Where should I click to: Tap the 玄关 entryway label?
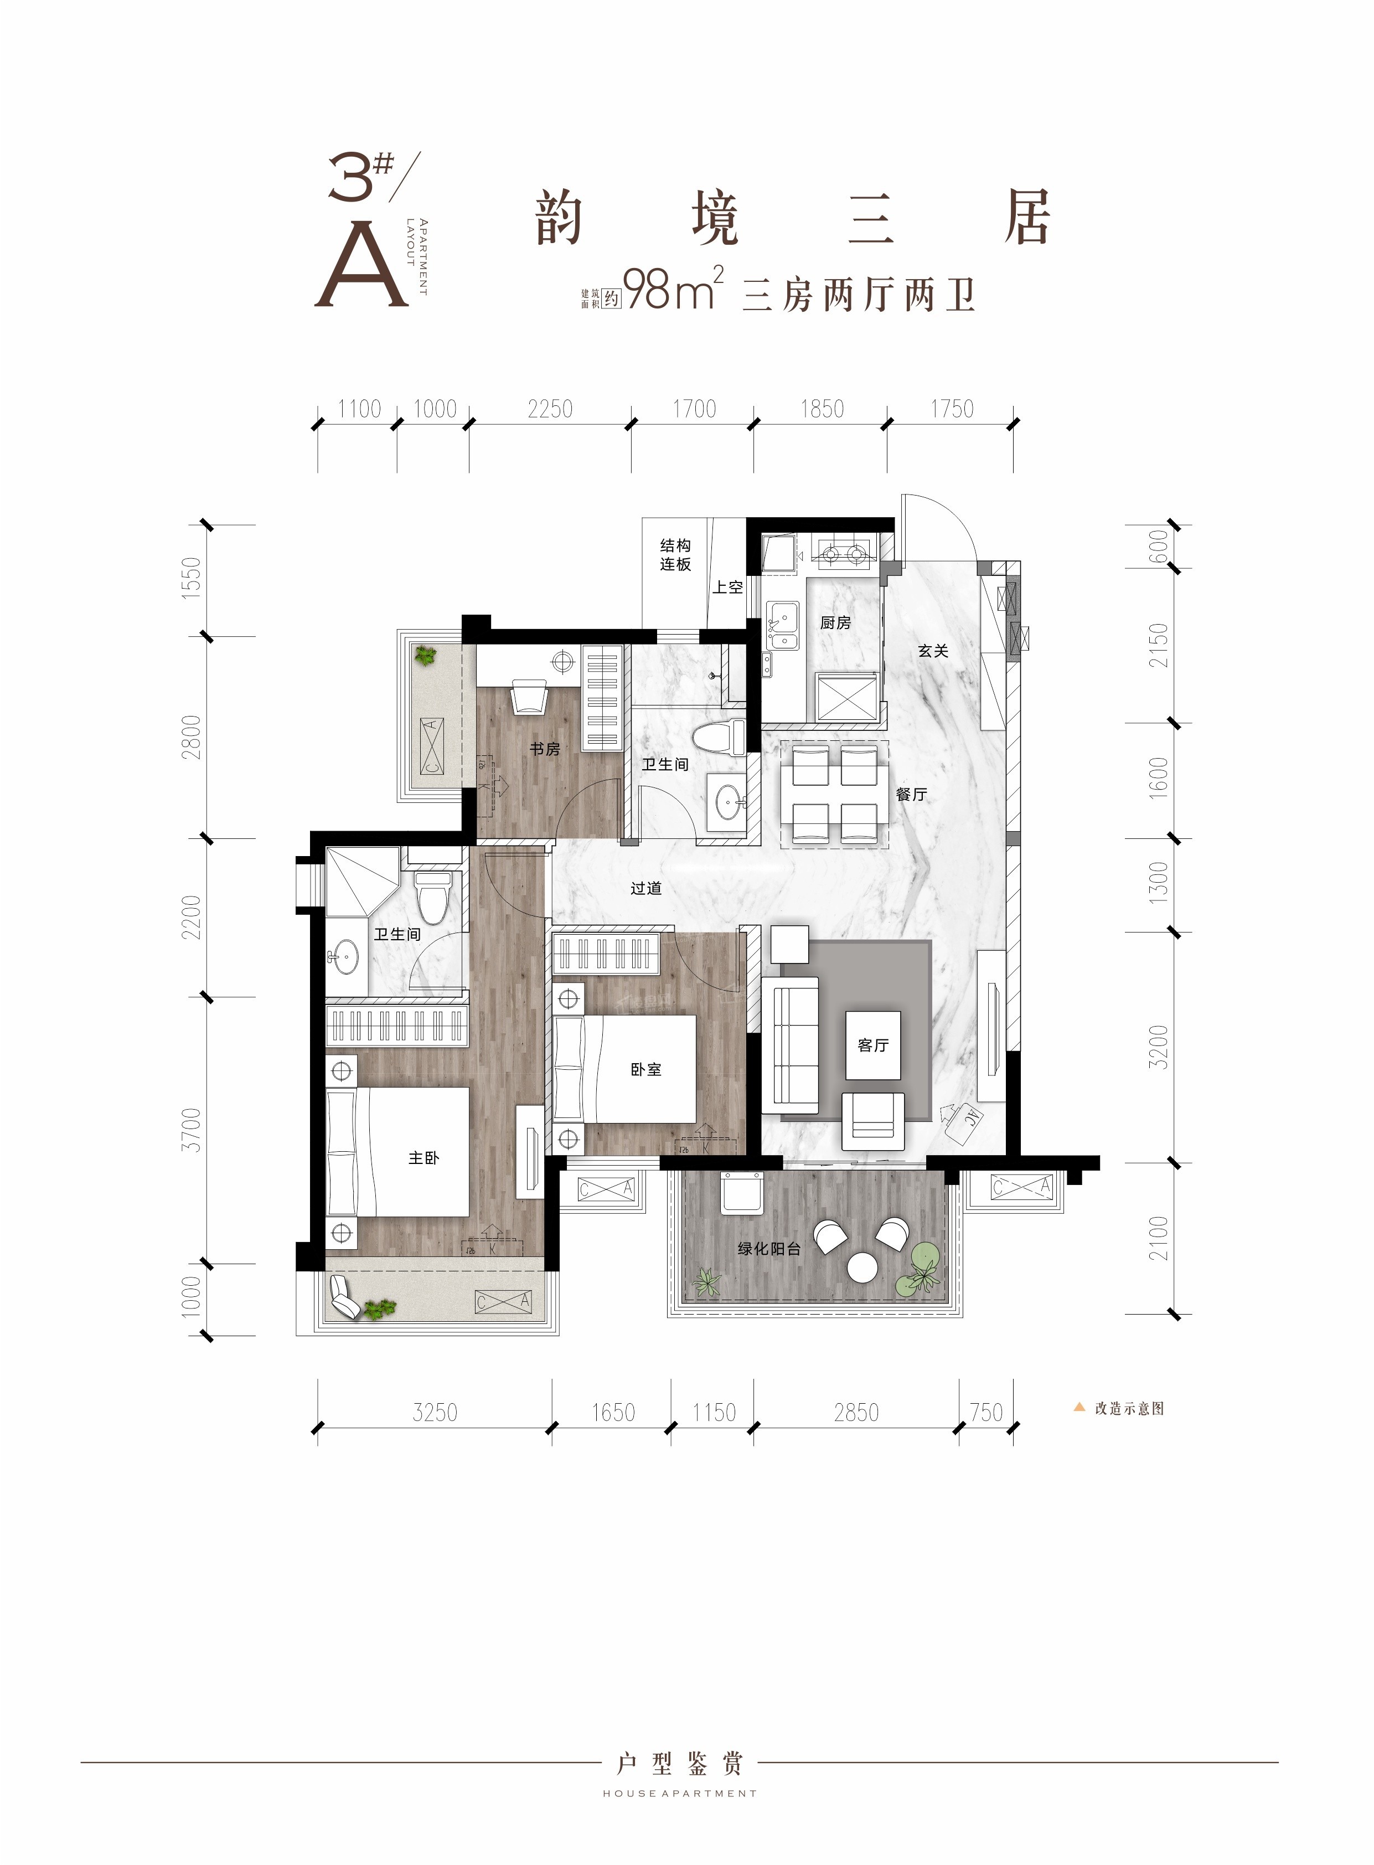click(933, 651)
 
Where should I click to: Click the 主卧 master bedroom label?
click(423, 1158)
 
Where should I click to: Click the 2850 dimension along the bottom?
click(856, 1413)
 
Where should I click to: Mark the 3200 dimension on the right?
click(1159, 1047)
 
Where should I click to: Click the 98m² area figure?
click(673, 290)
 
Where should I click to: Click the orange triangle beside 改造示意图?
click(1079, 1408)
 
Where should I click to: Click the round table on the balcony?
click(862, 1268)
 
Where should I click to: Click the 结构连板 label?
click(675, 555)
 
